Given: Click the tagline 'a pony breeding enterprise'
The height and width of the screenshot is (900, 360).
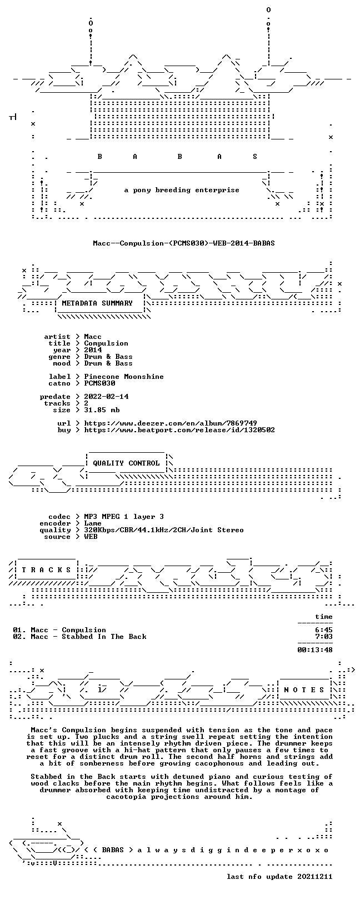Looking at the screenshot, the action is [x=182, y=190].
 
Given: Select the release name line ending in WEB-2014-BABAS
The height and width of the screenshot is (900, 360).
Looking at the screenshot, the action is [x=184, y=243].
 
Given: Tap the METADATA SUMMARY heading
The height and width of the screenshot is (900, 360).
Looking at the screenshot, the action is [x=97, y=303].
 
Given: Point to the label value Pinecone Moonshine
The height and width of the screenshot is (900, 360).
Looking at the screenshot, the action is [x=124, y=377].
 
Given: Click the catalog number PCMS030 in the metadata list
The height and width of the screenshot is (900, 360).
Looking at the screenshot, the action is [x=99, y=383].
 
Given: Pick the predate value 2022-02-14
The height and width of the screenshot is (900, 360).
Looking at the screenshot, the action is [x=107, y=397].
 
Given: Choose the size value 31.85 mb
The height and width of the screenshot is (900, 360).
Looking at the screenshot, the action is [x=102, y=410].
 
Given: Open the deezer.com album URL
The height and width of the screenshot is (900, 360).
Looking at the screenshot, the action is [x=171, y=423].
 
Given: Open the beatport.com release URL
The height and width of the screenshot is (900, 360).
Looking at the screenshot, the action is [x=179, y=430].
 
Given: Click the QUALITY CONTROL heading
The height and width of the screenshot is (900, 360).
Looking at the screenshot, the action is [x=126, y=463].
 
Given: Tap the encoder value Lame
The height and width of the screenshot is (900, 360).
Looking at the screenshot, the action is [x=93, y=523].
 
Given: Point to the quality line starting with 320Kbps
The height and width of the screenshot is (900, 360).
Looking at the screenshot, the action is [x=164, y=530].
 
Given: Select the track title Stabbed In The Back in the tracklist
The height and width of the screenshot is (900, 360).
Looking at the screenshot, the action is [x=104, y=637].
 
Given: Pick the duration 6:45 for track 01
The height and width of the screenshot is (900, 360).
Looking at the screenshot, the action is [x=324, y=630].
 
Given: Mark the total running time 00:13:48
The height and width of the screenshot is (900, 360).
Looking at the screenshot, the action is [x=315, y=649].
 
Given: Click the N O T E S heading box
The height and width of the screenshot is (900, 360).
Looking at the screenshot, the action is [x=304, y=689].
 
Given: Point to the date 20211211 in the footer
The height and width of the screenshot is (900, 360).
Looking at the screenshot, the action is [x=315, y=877].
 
